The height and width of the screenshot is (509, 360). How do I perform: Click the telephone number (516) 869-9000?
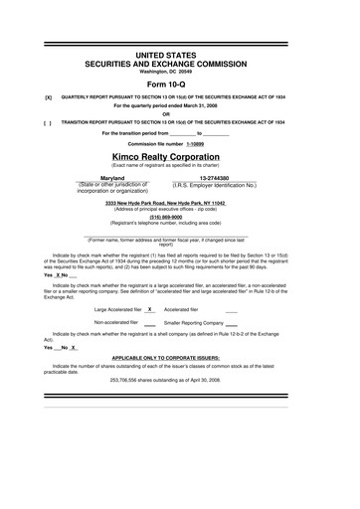[x=179, y=217]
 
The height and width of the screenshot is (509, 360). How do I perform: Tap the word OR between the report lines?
[x=179, y=112]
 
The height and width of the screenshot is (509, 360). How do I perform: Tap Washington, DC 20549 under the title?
[x=179, y=72]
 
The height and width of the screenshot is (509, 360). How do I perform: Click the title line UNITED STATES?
[x=179, y=52]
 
